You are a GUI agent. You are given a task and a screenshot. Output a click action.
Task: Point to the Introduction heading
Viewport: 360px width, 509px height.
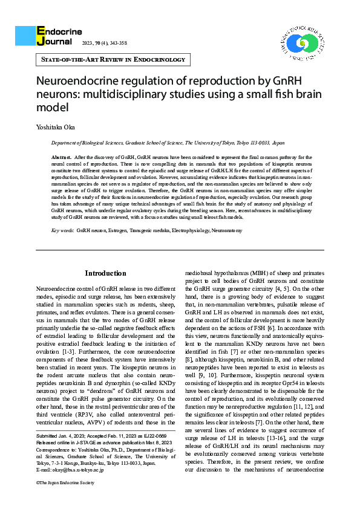point(105,273)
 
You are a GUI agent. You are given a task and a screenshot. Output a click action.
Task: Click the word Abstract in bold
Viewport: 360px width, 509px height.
point(62,157)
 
